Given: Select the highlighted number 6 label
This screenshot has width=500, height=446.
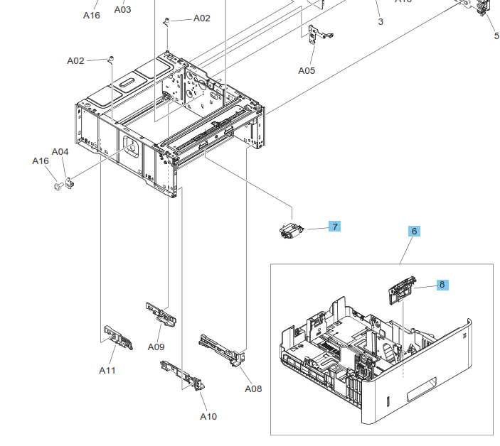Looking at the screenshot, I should coord(415,231).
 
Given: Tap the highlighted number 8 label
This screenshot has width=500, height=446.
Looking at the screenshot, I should coord(442,284).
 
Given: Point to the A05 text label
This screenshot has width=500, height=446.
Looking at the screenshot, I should coord(307,70).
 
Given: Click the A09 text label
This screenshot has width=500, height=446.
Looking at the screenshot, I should coord(156,347).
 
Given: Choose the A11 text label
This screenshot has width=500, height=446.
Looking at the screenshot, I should coord(107,370).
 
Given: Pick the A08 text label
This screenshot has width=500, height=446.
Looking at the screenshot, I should coord(253,388).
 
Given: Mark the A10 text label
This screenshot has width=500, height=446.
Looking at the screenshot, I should coord(208,416).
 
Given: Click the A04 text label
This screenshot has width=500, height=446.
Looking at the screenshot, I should coord(60,151).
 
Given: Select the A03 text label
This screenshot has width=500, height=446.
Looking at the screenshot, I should coord(123,9).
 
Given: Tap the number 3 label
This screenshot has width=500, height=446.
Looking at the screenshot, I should coord(381,22).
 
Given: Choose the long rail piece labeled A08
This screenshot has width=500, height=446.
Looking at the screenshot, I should coord(223,348).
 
